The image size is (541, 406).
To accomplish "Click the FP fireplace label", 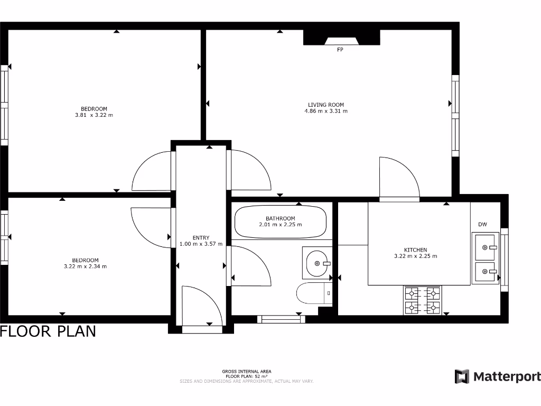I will click(340, 50).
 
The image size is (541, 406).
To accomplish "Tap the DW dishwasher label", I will click(482, 225).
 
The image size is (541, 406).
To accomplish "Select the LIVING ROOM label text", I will click(326, 105).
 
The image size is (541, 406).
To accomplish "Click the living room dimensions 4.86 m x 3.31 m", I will click(326, 111).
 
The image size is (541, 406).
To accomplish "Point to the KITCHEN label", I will click(415, 250).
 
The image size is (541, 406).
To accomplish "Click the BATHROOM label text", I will click(280, 218).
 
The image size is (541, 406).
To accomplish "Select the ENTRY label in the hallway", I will click(201, 238).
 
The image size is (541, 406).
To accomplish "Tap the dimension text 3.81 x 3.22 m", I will click(94, 115).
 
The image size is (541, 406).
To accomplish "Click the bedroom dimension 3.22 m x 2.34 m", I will click(86, 266).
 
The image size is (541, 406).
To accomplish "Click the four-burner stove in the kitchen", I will click(423, 300).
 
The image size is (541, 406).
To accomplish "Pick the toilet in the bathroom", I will click(314, 293).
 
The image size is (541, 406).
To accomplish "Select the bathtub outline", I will click(280, 222).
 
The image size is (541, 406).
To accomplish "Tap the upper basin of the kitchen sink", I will click(485, 246).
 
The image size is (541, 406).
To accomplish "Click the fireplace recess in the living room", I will click(341, 39).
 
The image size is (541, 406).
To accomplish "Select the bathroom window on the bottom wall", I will click(281, 319).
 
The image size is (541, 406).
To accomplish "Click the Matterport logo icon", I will click(462, 376).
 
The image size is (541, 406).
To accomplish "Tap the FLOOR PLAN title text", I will click(48, 331).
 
